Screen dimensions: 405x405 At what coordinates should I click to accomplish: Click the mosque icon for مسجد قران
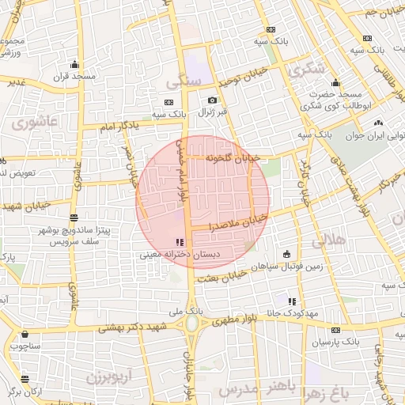point(74,64)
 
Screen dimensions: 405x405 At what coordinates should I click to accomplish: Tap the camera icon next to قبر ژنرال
point(212,100)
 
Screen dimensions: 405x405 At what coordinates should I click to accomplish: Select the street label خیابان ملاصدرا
point(239,221)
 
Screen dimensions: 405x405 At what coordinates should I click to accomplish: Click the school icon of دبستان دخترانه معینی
point(178,242)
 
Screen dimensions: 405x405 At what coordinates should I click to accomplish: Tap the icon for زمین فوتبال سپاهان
point(286,254)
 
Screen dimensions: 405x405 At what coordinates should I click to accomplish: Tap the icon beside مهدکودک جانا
point(292,301)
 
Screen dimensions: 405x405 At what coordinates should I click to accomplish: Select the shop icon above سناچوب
point(25,334)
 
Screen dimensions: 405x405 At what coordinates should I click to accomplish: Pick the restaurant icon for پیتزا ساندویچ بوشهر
point(74,218)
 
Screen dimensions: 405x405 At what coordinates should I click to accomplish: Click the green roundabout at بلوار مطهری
point(191,324)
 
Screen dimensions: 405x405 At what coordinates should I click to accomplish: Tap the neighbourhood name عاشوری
point(36,121)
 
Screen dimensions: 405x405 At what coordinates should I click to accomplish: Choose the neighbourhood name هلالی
point(330,239)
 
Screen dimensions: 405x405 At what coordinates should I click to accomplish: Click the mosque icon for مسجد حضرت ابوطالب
point(336,82)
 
